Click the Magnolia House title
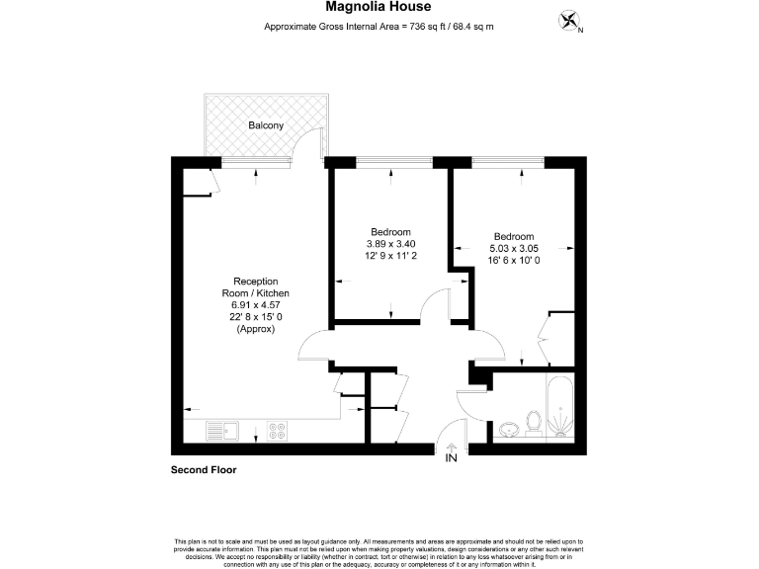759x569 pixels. click(379, 8)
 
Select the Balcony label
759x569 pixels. click(266, 125)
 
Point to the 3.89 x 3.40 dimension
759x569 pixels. click(391, 243)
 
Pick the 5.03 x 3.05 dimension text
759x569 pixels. click(514, 248)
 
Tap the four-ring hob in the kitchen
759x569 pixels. click(277, 431)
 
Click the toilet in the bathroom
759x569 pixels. click(533, 422)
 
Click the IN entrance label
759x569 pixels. click(452, 458)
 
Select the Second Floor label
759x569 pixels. click(205, 470)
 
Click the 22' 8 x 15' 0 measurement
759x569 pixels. click(254, 317)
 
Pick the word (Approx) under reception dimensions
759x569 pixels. click(254, 329)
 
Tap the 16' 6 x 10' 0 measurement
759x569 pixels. click(514, 260)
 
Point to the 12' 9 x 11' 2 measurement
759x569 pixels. click(391, 255)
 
